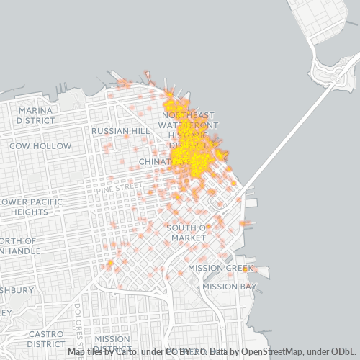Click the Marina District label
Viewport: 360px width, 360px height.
(x=35, y=115)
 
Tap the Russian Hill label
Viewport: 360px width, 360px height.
(x=120, y=131)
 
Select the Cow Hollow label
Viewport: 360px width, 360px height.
(x=40, y=145)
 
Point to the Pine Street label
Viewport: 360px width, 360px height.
(x=125, y=186)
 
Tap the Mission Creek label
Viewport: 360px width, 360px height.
(x=221, y=268)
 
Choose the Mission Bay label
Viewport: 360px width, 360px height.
(x=229, y=286)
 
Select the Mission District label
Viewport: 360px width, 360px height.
(x=112, y=343)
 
